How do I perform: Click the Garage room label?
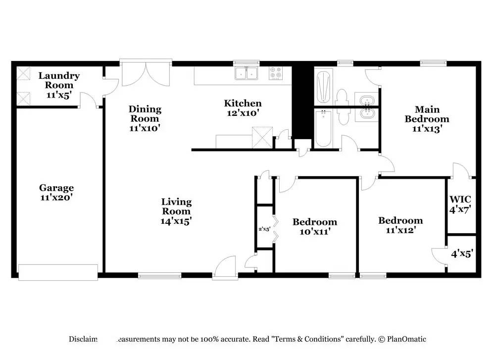(56, 192)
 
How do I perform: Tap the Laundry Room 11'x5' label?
(59, 85)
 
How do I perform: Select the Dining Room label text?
(145, 118)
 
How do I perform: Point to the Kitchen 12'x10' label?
(243, 108)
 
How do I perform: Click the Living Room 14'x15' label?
(176, 211)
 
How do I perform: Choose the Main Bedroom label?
(427, 119)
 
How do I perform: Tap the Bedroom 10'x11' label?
(314, 226)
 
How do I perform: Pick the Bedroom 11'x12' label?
(400, 225)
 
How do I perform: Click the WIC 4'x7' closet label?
(460, 204)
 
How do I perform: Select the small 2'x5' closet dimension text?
(264, 229)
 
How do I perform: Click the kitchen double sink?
(247, 73)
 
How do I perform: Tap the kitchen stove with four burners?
(276, 73)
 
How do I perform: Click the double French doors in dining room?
(146, 74)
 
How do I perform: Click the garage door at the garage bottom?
(58, 272)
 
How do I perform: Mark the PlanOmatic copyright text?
(402, 339)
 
